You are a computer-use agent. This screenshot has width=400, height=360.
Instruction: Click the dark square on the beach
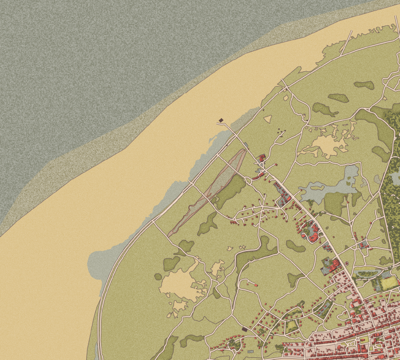pyautogui.click(x=221, y=120)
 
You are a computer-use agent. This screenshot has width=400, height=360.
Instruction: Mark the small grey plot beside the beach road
pyautogui.click(x=246, y=145)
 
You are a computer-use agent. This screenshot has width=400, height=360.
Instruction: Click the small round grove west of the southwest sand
pyautogui.click(x=158, y=277)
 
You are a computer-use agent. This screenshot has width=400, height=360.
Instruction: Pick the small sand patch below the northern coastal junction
pyautogui.click(x=286, y=97)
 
